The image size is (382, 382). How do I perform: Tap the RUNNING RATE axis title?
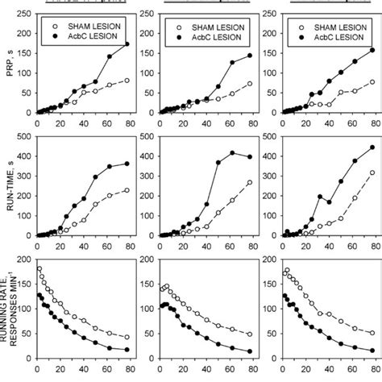pos(10,310)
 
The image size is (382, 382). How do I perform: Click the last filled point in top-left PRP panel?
pos(127,44)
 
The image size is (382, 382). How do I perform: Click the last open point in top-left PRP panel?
pos(127,81)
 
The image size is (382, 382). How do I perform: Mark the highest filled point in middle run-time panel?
pos(234,152)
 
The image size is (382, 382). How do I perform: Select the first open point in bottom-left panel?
pos(39,269)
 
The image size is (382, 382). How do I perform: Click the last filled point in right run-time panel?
pos(372,147)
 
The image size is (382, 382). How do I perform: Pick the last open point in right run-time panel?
pos(372,172)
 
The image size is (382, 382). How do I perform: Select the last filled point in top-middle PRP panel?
pos(250,56)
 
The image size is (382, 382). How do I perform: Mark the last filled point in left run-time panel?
pos(127,164)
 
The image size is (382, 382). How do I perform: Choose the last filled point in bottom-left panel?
pos(127,350)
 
